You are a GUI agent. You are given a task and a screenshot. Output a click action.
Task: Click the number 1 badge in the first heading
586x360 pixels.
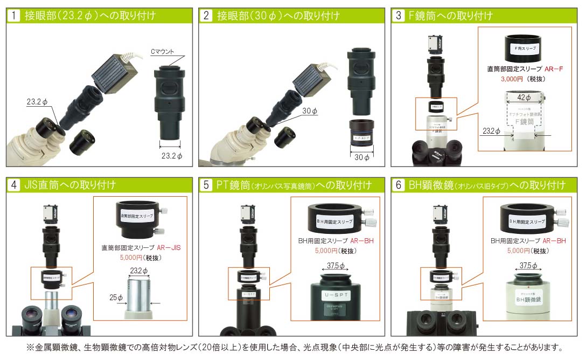tap(14, 16)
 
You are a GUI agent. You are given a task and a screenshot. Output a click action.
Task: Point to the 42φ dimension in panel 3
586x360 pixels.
tap(524, 98)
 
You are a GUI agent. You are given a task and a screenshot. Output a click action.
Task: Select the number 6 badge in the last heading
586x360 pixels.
tap(399, 185)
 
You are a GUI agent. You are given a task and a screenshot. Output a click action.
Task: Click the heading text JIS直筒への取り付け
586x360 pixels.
tap(70, 185)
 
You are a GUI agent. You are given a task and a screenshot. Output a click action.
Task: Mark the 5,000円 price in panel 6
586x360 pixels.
tap(519, 251)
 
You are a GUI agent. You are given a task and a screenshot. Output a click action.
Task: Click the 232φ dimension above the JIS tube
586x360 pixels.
tap(138, 270)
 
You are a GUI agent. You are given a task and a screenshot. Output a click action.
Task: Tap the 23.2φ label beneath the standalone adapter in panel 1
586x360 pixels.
tap(172, 156)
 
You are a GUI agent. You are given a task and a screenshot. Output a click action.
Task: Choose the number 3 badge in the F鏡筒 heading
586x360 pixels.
tap(399, 16)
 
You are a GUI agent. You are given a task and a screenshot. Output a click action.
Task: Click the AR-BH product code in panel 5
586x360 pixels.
tap(361, 241)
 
